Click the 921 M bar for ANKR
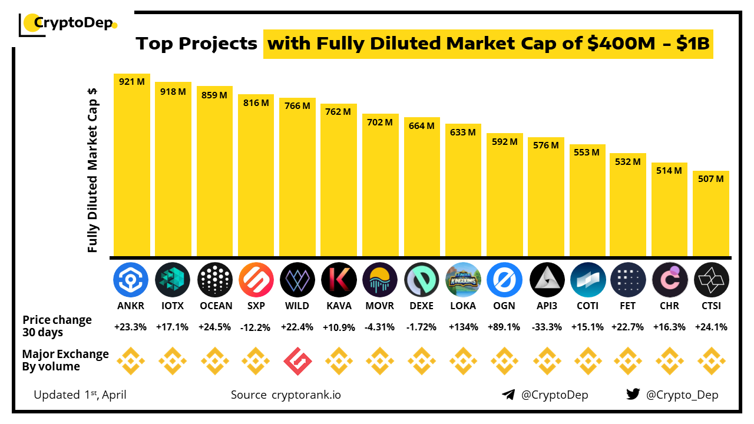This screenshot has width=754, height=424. (132, 165)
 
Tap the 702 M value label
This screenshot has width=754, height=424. (380, 122)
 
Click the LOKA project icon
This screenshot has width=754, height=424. (463, 280)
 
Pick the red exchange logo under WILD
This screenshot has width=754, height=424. (297, 361)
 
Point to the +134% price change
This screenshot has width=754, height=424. (463, 327)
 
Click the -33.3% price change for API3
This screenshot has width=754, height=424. (546, 327)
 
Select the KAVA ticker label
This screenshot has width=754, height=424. (339, 306)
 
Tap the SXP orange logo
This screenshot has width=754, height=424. (256, 280)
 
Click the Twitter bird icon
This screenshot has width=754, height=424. (633, 395)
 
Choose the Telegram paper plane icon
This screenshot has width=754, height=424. (508, 395)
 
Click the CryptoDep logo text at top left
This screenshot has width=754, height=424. (72, 24)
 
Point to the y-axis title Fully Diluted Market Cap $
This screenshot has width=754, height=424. (92, 171)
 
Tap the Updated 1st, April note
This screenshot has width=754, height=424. (80, 395)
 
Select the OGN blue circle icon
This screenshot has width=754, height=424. (505, 280)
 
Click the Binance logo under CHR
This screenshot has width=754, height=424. (670, 361)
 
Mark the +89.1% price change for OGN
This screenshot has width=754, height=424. (505, 327)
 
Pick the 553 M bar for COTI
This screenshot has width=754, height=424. (587, 200)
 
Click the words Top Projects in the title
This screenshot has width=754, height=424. (197, 44)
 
